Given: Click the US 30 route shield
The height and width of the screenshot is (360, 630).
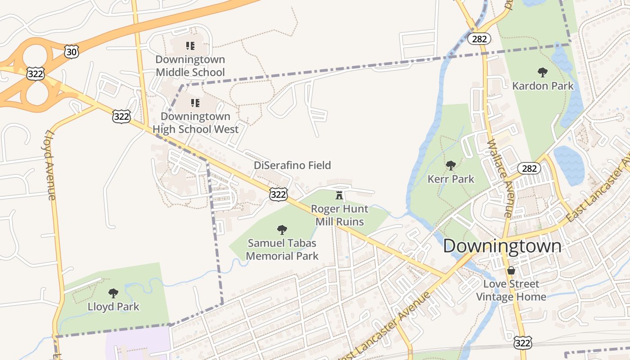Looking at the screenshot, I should (x=71, y=52).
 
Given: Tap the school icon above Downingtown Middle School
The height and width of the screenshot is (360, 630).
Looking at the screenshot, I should (x=190, y=45).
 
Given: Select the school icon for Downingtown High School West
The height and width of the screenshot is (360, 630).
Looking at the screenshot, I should (x=195, y=103).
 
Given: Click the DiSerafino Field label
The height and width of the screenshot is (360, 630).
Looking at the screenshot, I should (x=292, y=165).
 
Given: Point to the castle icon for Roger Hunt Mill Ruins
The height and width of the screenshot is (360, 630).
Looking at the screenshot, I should (x=339, y=195).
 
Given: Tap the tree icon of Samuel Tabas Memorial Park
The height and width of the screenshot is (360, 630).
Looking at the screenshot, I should (x=282, y=230).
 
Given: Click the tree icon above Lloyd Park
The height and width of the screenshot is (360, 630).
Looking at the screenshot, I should (x=113, y=293).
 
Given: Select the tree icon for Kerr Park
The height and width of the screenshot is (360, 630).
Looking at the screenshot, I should (x=450, y=166).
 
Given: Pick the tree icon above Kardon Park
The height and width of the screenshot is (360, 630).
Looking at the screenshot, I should (x=543, y=72).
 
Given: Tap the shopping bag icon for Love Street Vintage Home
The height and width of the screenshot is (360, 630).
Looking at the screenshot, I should (x=511, y=270).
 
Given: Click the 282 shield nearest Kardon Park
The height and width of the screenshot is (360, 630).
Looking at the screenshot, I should (x=479, y=39).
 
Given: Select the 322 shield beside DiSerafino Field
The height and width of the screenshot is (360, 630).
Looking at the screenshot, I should (x=279, y=194).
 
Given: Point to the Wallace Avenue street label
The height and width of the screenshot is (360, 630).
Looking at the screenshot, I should (x=499, y=178).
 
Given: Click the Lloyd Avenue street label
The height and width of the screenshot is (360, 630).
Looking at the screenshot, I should (x=49, y=165).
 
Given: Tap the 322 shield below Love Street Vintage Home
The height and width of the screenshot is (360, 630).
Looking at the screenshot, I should (x=523, y=343).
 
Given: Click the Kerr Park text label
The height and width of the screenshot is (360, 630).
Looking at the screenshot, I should (x=450, y=179).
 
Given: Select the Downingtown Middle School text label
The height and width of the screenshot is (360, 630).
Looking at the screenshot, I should (x=190, y=66).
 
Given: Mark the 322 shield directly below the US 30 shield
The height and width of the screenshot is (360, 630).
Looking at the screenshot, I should (x=35, y=73).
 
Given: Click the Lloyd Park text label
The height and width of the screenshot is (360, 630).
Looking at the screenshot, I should (x=113, y=307).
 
